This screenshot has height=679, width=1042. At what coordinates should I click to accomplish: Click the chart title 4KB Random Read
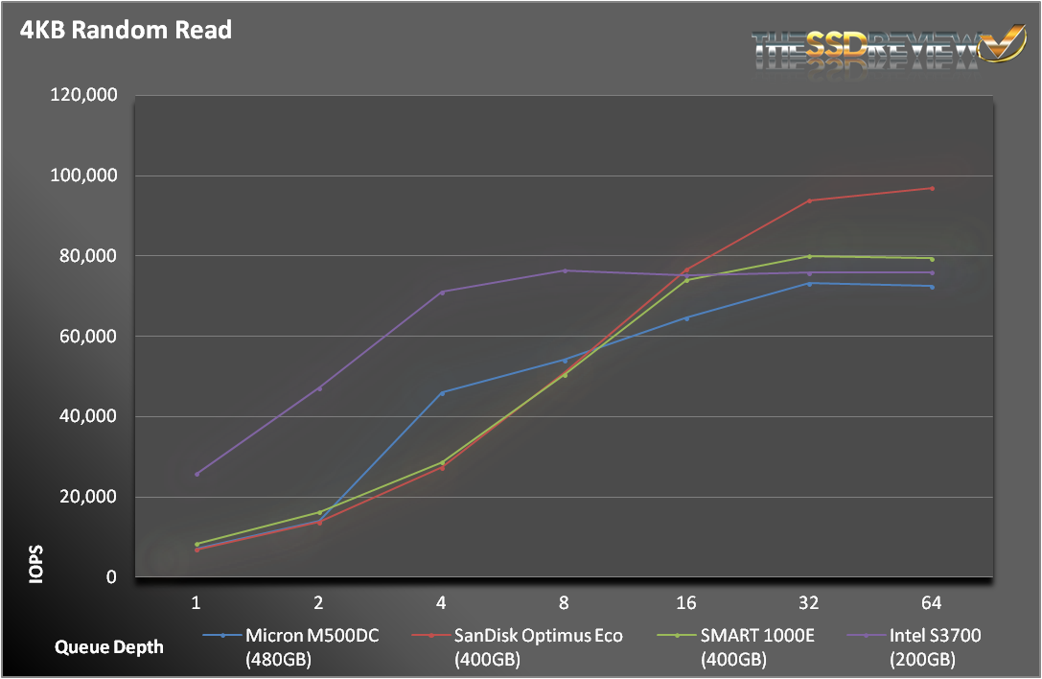click(126, 30)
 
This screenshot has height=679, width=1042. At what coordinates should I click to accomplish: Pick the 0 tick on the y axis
click(112, 577)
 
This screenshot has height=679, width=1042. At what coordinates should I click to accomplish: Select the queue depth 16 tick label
click(686, 603)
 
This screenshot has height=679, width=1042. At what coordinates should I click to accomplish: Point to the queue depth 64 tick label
click(931, 603)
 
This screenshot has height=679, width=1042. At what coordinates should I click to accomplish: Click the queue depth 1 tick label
click(197, 603)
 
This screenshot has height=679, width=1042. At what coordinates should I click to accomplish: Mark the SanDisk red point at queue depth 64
click(932, 188)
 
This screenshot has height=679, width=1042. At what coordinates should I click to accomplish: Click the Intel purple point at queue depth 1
click(197, 474)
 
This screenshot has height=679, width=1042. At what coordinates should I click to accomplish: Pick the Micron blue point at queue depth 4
click(442, 392)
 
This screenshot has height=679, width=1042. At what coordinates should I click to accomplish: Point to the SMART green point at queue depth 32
click(809, 256)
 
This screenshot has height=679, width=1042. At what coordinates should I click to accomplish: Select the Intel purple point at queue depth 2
click(319, 388)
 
